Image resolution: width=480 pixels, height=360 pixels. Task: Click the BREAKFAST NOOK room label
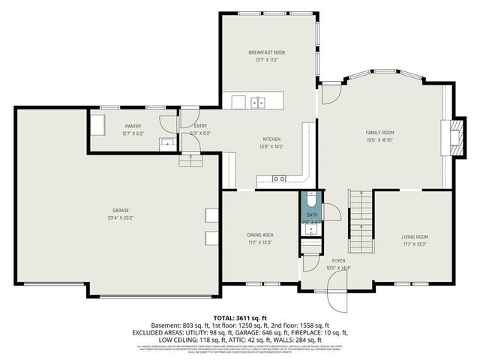click(267, 52)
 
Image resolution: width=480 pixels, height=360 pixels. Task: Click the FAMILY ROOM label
click(379, 132)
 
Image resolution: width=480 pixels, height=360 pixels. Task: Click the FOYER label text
click(338, 261)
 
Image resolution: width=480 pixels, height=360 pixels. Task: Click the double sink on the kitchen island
click(259, 103)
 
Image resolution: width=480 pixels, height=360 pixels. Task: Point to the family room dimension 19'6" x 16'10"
click(379, 139)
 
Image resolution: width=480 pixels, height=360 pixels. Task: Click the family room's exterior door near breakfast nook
click(329, 95)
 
